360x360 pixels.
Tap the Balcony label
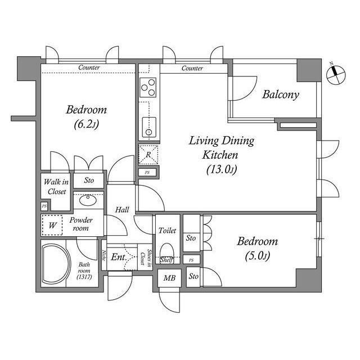coord(281,94)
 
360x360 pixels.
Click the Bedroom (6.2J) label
coord(86,116)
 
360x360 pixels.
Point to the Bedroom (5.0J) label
coord(257,248)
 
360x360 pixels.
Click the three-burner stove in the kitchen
coord(148,87)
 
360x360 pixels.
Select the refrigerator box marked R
coord(148,154)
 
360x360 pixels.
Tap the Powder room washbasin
coord(88,200)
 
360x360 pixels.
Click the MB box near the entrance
coord(168,278)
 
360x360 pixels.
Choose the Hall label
coord(122,210)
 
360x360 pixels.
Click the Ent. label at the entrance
coord(118,257)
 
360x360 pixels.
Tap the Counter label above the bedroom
coord(89,68)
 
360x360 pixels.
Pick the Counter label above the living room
coord(192,68)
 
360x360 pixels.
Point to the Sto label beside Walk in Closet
coord(89,181)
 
